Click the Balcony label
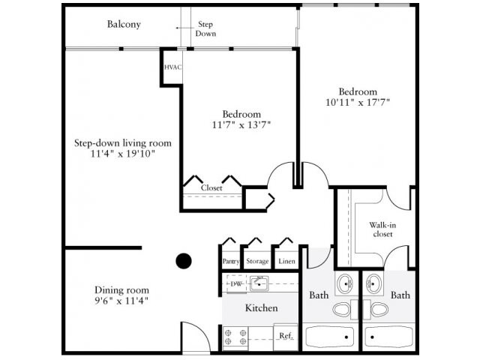pos(124,24)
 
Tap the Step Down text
pos(205,29)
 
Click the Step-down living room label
pos(123,143)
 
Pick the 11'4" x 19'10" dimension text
pos(123,154)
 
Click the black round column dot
pos(184,261)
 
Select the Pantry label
pos(231,262)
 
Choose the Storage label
pos(257,262)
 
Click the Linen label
pos(286,262)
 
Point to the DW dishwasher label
pos(235,283)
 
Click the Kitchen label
pos(262,308)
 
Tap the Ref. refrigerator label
pos(286,335)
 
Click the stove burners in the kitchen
pos(235,337)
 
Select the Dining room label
pos(121,290)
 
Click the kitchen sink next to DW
pos(259,283)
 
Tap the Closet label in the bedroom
pos(211,187)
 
